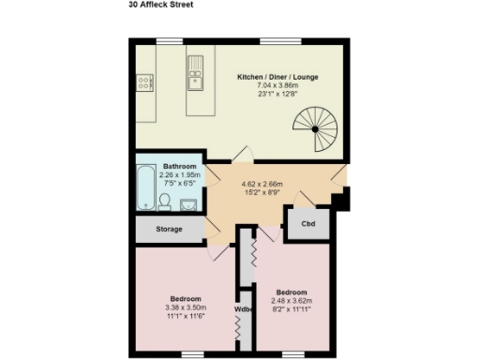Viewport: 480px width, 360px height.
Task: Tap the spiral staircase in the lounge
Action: pyautogui.click(x=316, y=128)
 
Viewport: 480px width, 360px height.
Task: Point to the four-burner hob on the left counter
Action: pyautogui.click(x=145, y=84)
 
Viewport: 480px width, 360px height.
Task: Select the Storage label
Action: pyautogui.click(x=170, y=229)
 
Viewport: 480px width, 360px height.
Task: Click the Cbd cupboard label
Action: pyautogui.click(x=307, y=225)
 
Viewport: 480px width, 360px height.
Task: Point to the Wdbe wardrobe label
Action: pyautogui.click(x=243, y=307)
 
